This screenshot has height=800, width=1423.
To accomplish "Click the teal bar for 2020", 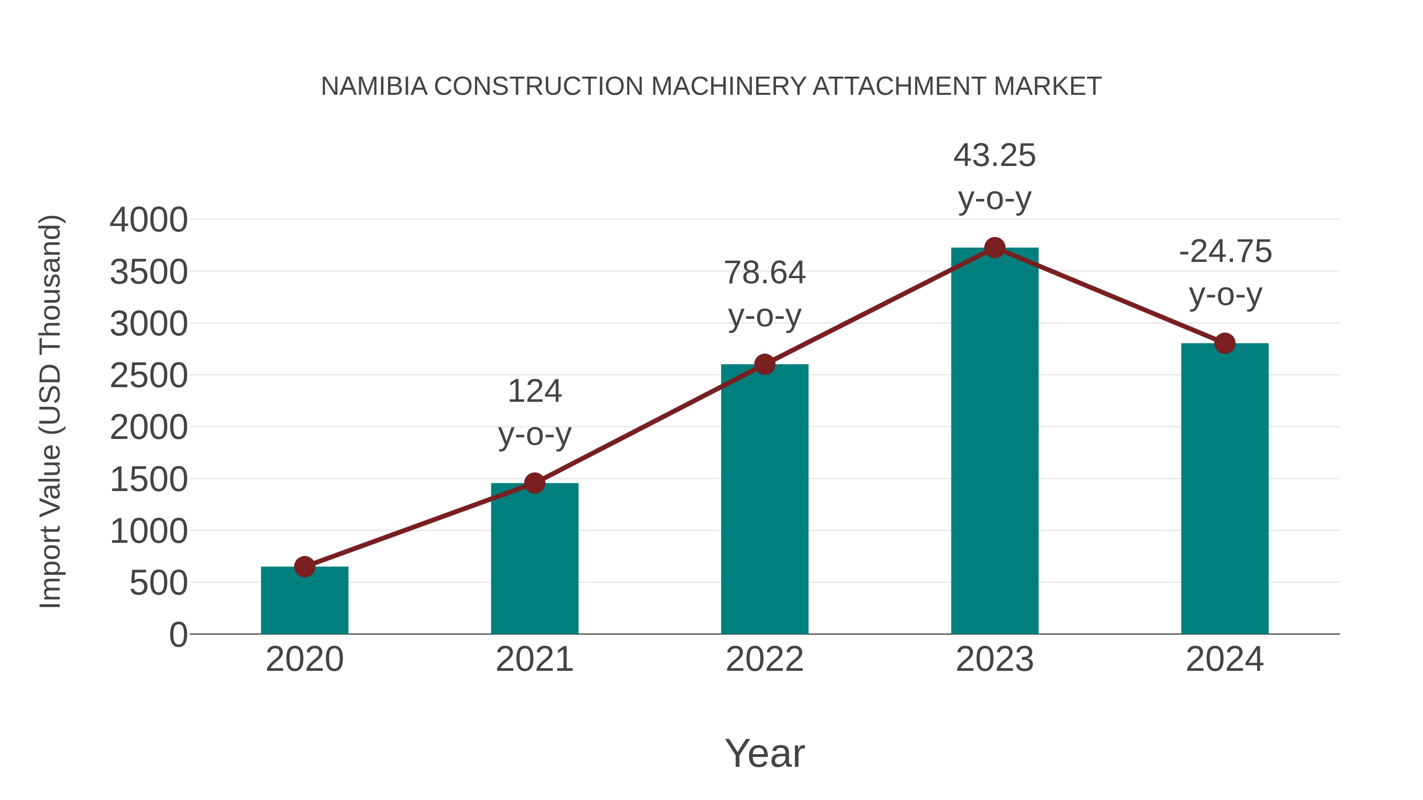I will click(304, 602).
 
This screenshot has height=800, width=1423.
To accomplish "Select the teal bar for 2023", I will click(995, 442).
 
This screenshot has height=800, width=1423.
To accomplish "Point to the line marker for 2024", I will click(1225, 343).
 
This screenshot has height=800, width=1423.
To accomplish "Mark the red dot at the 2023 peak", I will click(995, 248).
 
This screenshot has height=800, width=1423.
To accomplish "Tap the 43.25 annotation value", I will click(995, 155).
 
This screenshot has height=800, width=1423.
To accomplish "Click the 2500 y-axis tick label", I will click(149, 376).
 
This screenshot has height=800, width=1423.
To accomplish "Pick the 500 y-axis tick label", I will click(159, 583).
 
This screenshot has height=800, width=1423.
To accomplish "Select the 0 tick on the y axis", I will click(178, 634).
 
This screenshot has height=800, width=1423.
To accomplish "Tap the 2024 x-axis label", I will click(1225, 659).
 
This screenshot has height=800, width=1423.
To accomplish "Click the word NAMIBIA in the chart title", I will click(374, 86).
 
